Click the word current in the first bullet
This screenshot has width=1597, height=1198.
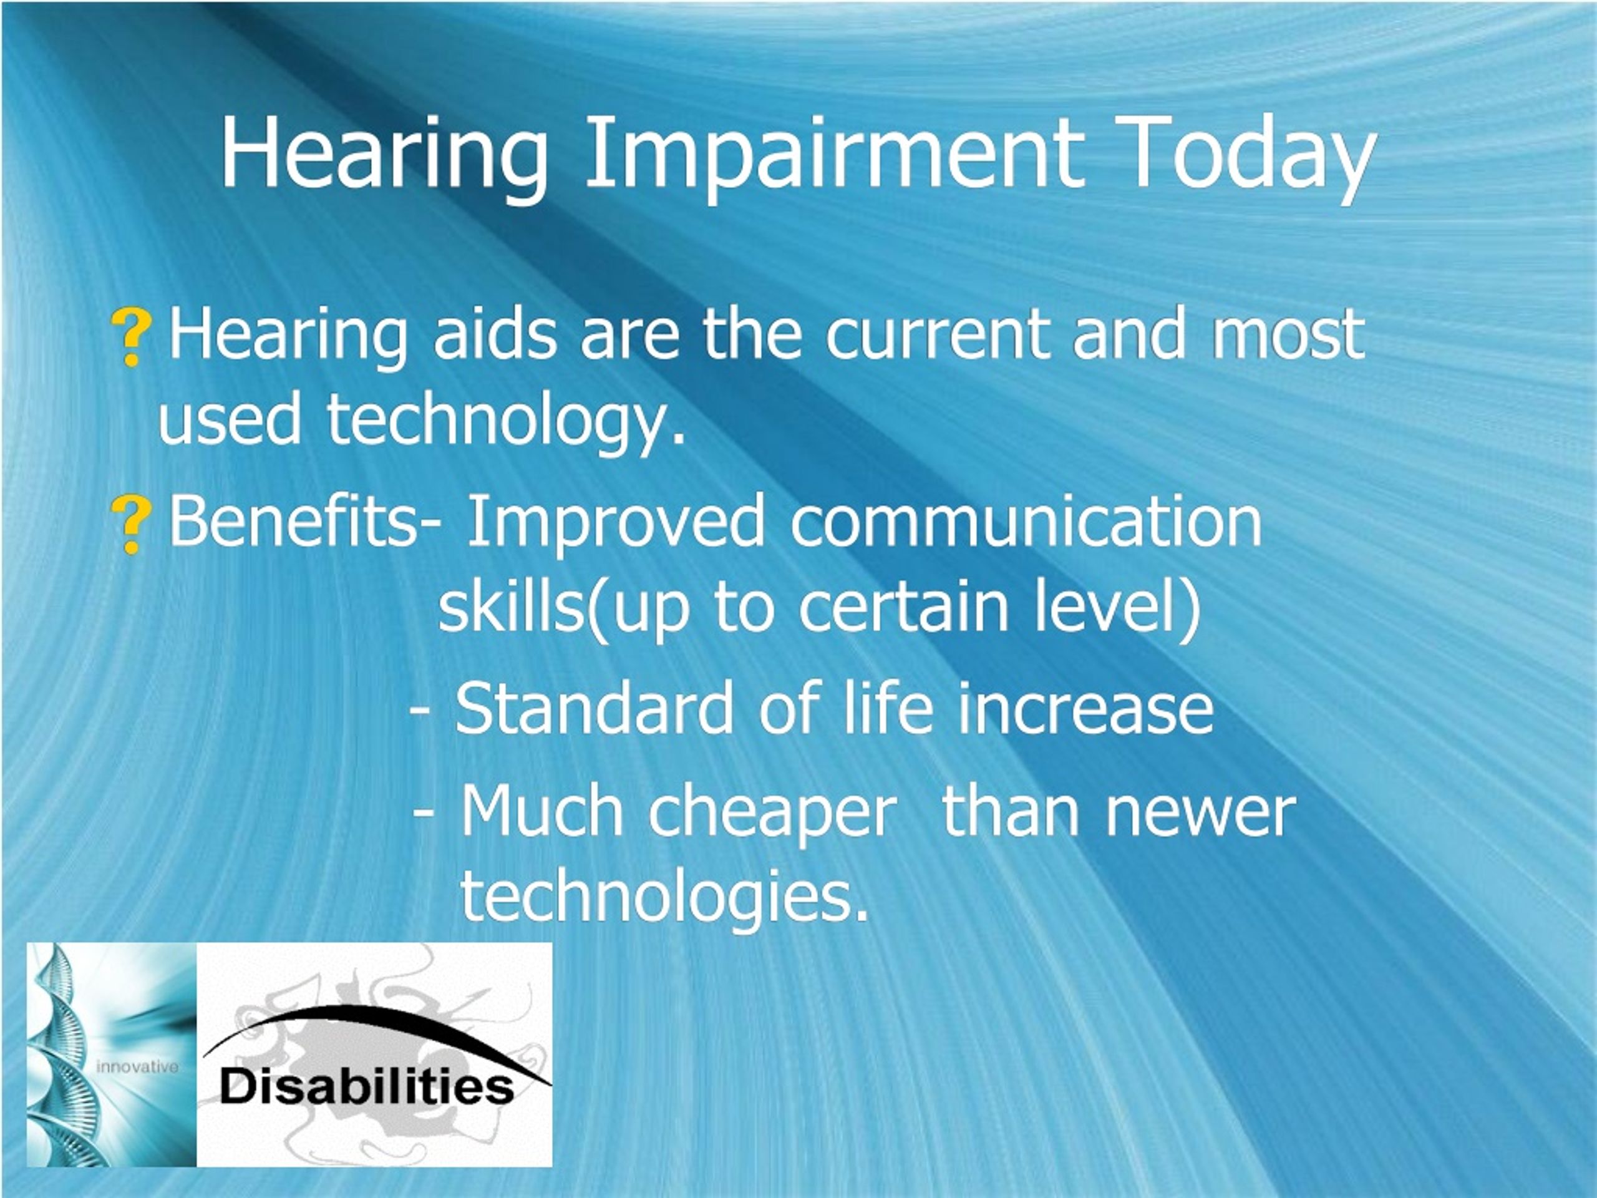[x=937, y=336]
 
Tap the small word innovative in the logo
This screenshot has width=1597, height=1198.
[x=137, y=1066]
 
